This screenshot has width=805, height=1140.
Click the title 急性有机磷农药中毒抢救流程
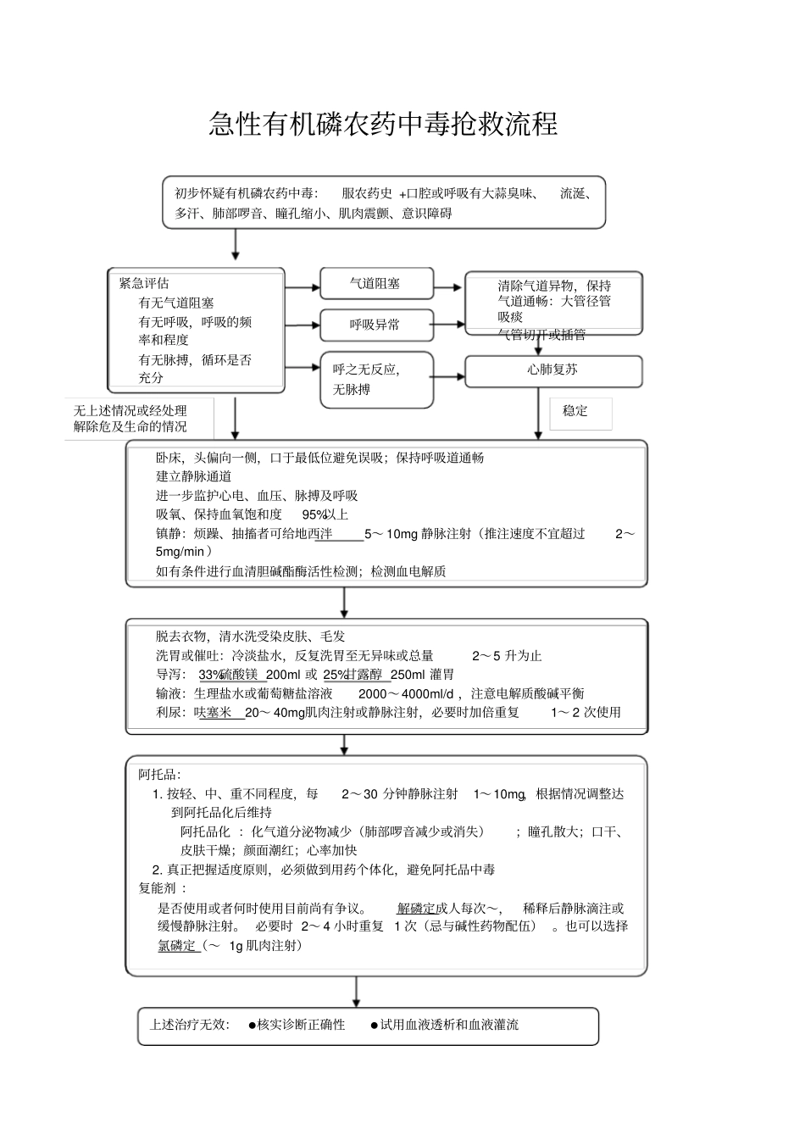point(383,125)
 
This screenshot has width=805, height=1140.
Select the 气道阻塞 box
point(376,284)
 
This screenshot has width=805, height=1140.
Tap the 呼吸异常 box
point(376,325)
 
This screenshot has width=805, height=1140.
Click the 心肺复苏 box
point(552,370)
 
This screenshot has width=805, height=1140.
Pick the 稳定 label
point(575,411)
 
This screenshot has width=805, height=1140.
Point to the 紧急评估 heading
point(144,283)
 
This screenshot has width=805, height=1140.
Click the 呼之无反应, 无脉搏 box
point(376,380)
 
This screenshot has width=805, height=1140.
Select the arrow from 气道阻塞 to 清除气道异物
point(449,287)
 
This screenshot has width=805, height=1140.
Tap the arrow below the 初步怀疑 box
point(236,246)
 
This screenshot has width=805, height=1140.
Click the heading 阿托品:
point(160,774)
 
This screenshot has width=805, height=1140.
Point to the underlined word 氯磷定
point(177,945)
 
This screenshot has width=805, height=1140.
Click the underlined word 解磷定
point(416,909)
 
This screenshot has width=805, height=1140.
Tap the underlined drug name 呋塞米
point(214,713)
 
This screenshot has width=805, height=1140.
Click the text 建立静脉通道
point(194,476)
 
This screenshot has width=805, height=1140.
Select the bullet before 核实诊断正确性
point(253,1025)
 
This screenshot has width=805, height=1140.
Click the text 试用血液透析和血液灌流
point(449,1025)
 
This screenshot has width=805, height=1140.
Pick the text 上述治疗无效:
point(189,1025)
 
